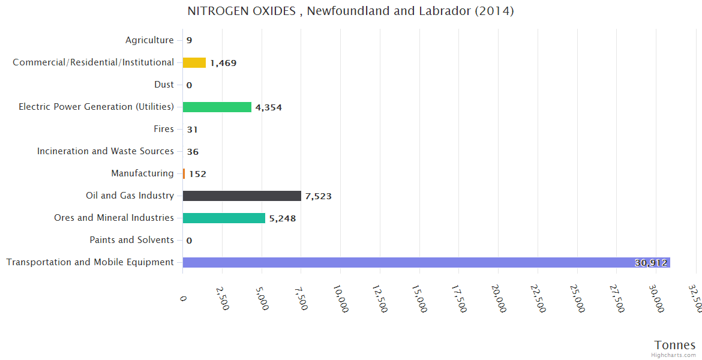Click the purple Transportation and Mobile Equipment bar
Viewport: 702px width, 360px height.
(x=426, y=262)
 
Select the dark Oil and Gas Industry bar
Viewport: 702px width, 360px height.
(x=242, y=196)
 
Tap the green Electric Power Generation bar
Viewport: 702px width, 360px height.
(x=217, y=107)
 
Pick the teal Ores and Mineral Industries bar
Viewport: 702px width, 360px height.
(x=224, y=218)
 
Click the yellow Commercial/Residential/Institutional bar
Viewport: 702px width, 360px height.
(x=194, y=62)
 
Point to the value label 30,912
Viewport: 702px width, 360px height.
(x=650, y=263)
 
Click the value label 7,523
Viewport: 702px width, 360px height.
(x=318, y=196)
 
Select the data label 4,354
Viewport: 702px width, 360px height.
(x=268, y=107)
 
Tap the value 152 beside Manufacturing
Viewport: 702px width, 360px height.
(x=197, y=174)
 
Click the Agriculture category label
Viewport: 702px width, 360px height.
(x=149, y=40)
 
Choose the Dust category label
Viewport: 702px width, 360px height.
(x=164, y=85)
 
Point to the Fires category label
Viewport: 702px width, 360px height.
(x=164, y=129)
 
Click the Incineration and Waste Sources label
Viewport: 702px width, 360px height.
(x=106, y=151)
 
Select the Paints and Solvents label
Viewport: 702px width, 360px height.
(x=131, y=240)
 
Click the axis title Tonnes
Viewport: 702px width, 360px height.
(x=674, y=345)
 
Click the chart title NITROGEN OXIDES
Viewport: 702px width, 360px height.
(x=350, y=11)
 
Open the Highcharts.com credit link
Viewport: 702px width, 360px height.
(x=674, y=355)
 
